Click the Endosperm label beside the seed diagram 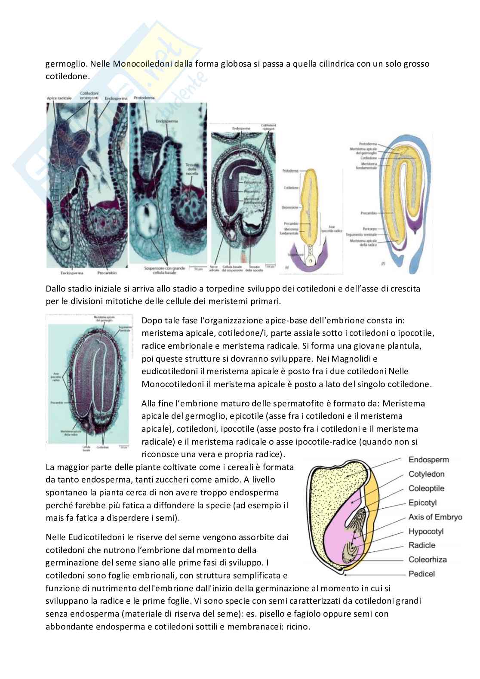(x=428, y=460)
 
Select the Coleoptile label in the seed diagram (x=426, y=489)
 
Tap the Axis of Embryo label (x=435, y=517)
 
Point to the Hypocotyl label (x=426, y=532)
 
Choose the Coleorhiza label (x=428, y=560)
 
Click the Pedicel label (x=422, y=574)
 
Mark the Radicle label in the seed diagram (x=422, y=546)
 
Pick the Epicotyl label (x=422, y=503)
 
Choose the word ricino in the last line (x=297, y=627)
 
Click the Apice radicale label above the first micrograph (x=59, y=98)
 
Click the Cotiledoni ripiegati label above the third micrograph (x=269, y=126)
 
